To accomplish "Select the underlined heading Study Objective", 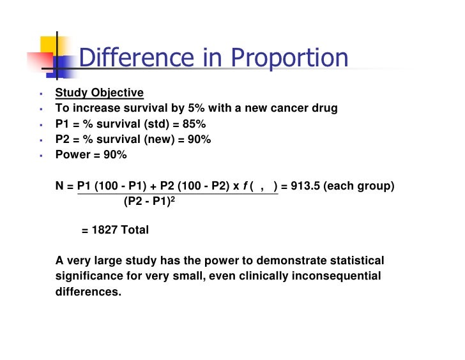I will pos(99,93).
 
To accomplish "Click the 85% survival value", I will pos(193,124).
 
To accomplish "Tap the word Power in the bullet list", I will pos(72,155).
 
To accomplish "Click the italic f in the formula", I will pos(247,186).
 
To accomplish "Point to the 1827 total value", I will pos(105,230).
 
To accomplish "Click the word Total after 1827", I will pos(135,230).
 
